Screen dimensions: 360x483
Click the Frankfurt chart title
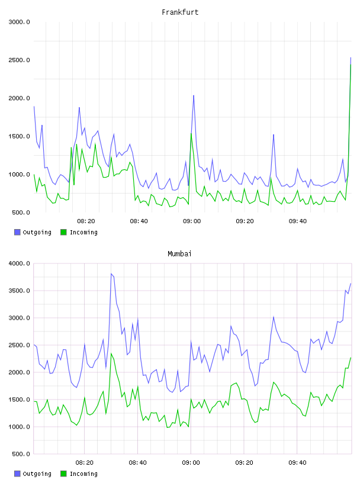coord(180,12)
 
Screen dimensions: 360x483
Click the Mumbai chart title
coord(179,254)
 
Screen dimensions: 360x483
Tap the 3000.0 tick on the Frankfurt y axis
coord(19,22)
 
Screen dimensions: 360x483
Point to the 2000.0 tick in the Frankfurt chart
coord(19,98)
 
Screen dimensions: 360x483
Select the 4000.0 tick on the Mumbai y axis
coord(19,263)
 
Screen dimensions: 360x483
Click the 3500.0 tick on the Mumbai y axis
coord(19,291)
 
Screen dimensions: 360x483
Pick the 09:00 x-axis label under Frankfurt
coord(192,221)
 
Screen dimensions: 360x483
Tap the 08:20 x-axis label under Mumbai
coord(85,463)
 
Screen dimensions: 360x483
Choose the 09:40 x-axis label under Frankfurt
coord(298,221)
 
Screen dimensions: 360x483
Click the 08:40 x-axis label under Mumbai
coord(138,463)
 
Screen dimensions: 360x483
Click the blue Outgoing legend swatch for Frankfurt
coord(17,232)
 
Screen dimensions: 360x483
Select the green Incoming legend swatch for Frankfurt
coord(63,232)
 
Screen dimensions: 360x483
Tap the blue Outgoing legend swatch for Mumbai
coord(17,474)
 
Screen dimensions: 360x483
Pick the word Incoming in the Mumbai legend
coord(83,474)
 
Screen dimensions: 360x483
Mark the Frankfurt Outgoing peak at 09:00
coord(194,95)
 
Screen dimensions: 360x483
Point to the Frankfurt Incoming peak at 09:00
coord(191,134)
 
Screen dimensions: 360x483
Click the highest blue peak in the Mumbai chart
coord(111,273)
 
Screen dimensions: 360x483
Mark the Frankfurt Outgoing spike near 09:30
coord(274,134)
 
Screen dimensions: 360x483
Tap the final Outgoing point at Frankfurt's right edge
coord(351,57)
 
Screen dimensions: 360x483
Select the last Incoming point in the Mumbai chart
coord(351,358)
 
